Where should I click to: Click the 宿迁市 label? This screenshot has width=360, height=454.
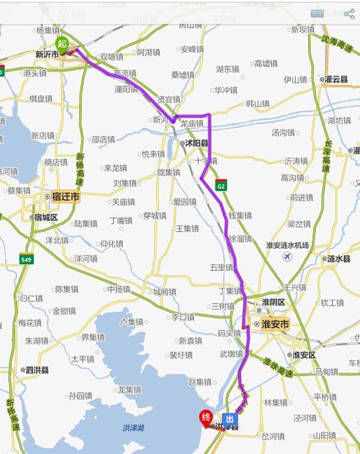click(65, 196)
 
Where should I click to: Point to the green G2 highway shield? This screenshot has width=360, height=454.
click(221, 186)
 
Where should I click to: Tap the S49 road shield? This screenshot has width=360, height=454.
click(27, 259)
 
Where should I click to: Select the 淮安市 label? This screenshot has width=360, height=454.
click(274, 325)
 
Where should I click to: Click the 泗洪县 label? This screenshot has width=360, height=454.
click(36, 370)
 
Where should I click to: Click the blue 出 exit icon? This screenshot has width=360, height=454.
click(229, 419)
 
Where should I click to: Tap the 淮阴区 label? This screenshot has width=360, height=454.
click(274, 301)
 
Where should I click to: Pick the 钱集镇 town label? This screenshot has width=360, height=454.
click(240, 215)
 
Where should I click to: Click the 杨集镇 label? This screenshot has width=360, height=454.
click(48, 30)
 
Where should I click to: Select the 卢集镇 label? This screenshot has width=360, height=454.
click(132, 321)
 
